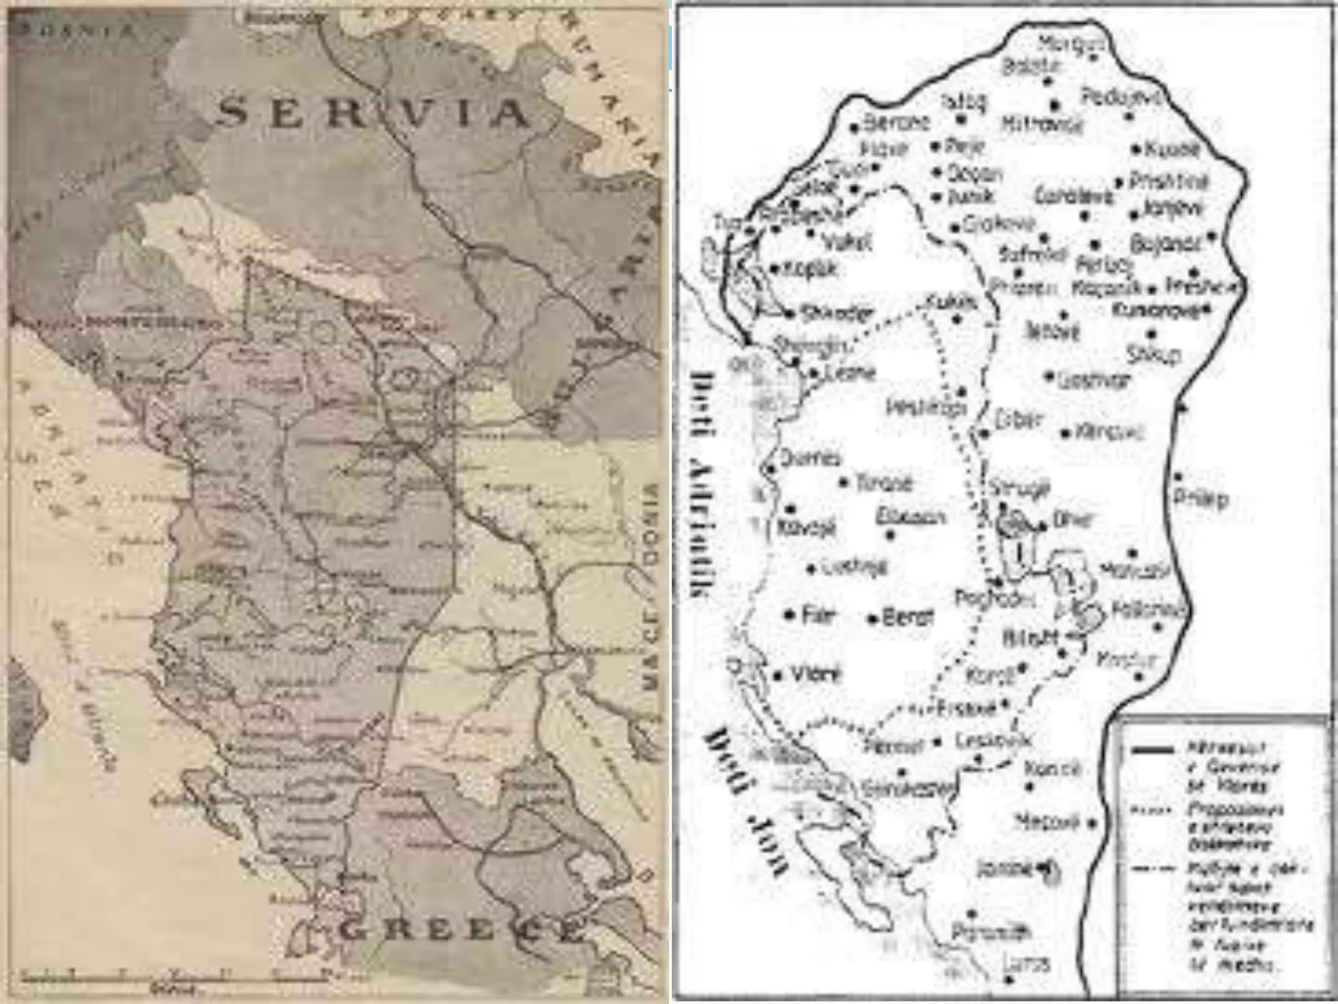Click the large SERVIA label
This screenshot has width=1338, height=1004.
coord(372,113)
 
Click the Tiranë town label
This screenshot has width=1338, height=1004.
coord(883,484)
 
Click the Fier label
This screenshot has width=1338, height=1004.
coord(819,615)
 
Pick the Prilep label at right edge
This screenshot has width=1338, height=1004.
coord(1200,498)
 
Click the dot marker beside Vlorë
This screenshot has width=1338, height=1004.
coord(777,677)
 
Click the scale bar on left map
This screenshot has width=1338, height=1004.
coord(173,979)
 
